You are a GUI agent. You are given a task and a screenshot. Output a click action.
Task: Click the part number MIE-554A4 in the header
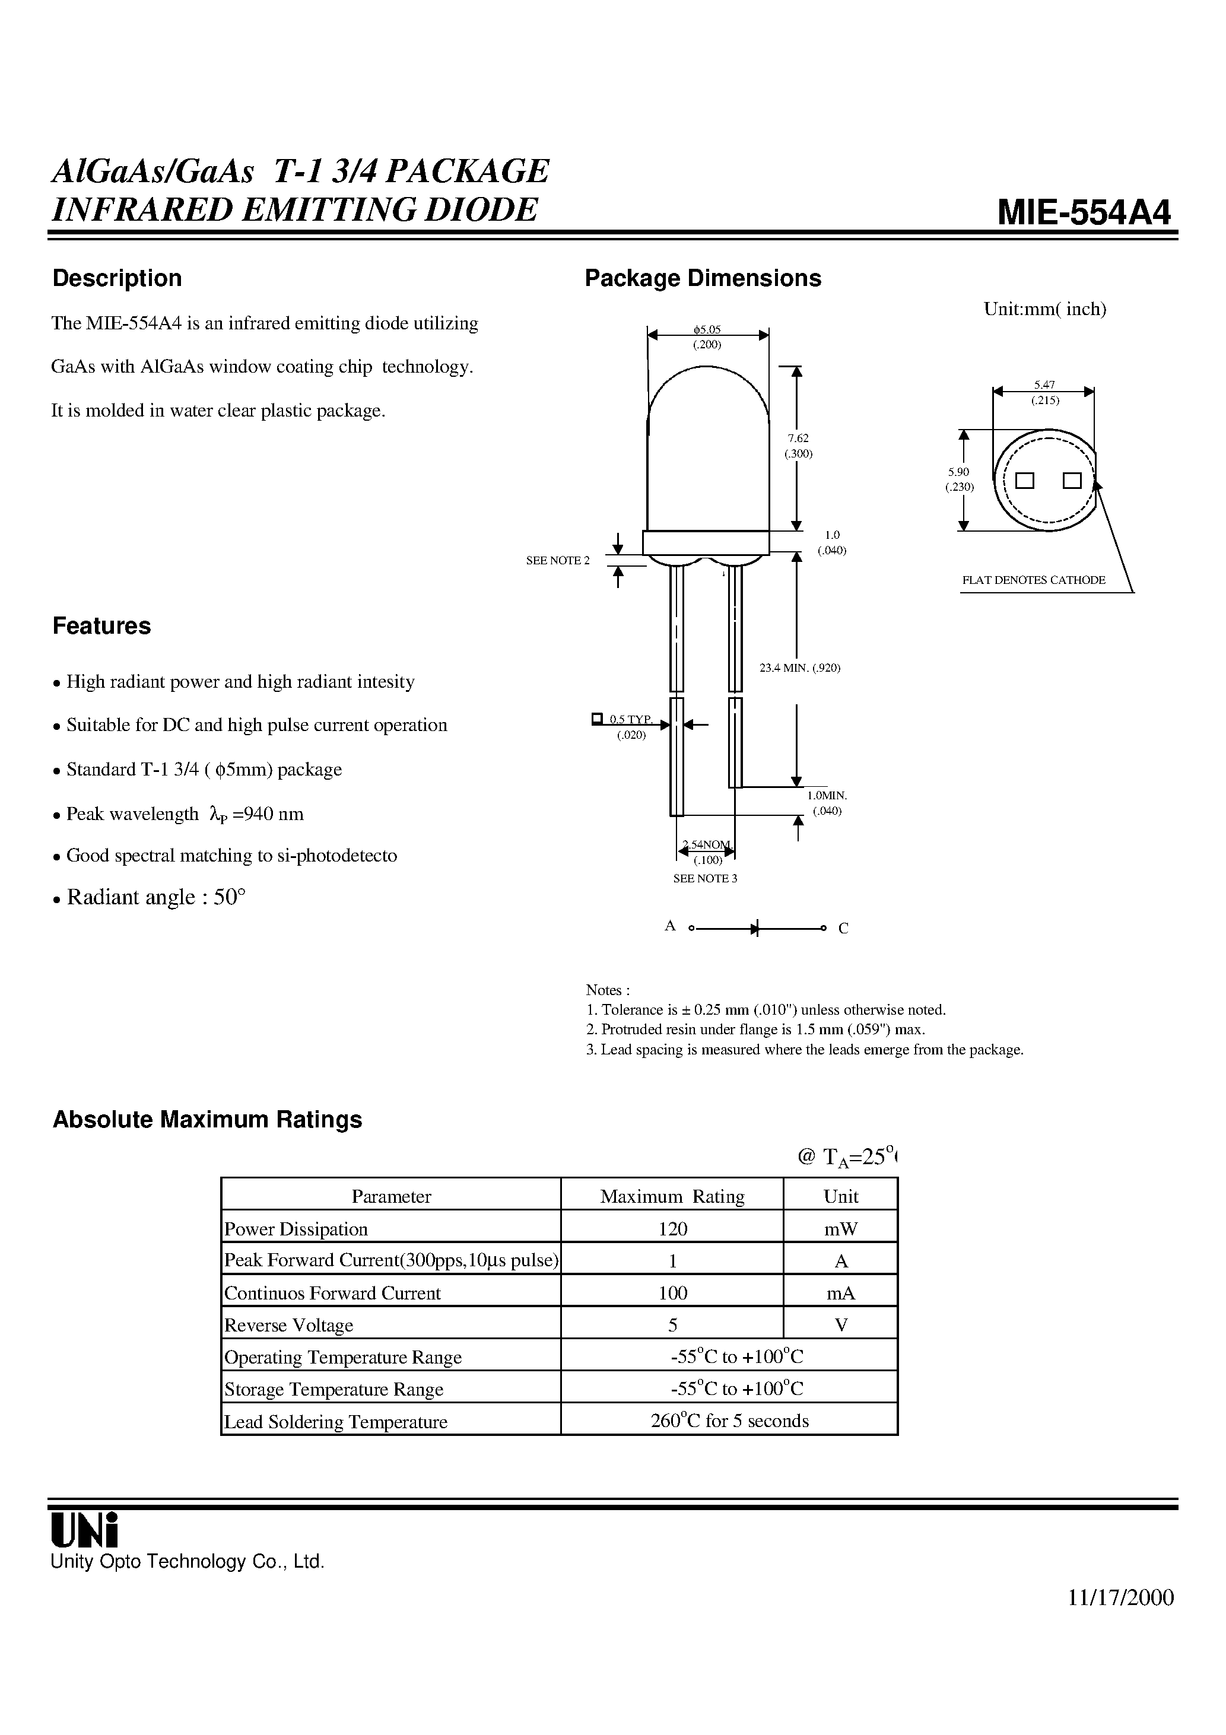click(x=1083, y=212)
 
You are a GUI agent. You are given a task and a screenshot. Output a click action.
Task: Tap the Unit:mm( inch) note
click(x=1044, y=309)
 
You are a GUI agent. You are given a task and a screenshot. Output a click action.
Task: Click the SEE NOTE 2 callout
click(x=557, y=560)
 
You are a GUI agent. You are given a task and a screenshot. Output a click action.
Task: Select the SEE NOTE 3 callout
click(x=704, y=878)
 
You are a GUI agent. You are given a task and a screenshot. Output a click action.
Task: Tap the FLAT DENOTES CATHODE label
click(x=1033, y=580)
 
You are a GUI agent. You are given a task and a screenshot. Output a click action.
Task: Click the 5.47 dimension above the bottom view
click(x=1044, y=385)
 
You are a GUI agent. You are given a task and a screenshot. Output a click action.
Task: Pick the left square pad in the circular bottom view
click(x=1024, y=481)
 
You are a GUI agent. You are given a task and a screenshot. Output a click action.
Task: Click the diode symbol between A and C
click(x=754, y=928)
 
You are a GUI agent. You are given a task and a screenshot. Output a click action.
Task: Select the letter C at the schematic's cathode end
click(x=843, y=929)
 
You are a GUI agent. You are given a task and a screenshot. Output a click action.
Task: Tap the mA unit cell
click(x=840, y=1293)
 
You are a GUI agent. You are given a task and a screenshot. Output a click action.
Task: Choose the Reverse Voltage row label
click(x=289, y=1326)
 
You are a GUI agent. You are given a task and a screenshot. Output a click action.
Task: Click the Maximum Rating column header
click(x=672, y=1196)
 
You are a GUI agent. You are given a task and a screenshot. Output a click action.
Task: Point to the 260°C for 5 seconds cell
click(x=729, y=1421)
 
